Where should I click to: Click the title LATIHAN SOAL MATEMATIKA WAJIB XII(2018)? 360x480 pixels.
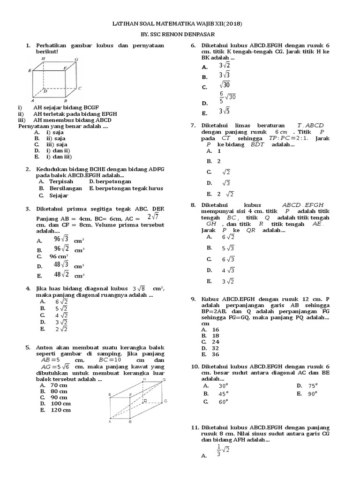pos(179,23)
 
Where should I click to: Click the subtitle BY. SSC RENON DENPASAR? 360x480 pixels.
pos(179,35)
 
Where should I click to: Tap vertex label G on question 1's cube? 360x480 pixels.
pos(76,60)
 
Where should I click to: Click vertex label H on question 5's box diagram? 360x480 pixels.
pos(144,378)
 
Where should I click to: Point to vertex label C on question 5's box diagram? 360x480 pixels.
pos(165,401)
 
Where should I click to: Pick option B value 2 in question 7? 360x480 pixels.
pos(219,161)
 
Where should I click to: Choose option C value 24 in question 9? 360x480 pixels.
pos(216,342)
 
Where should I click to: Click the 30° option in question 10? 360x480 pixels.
pos(223,385)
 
